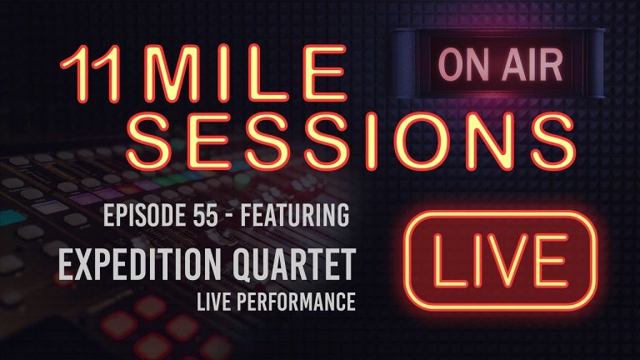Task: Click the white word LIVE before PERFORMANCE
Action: click(242, 300)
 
